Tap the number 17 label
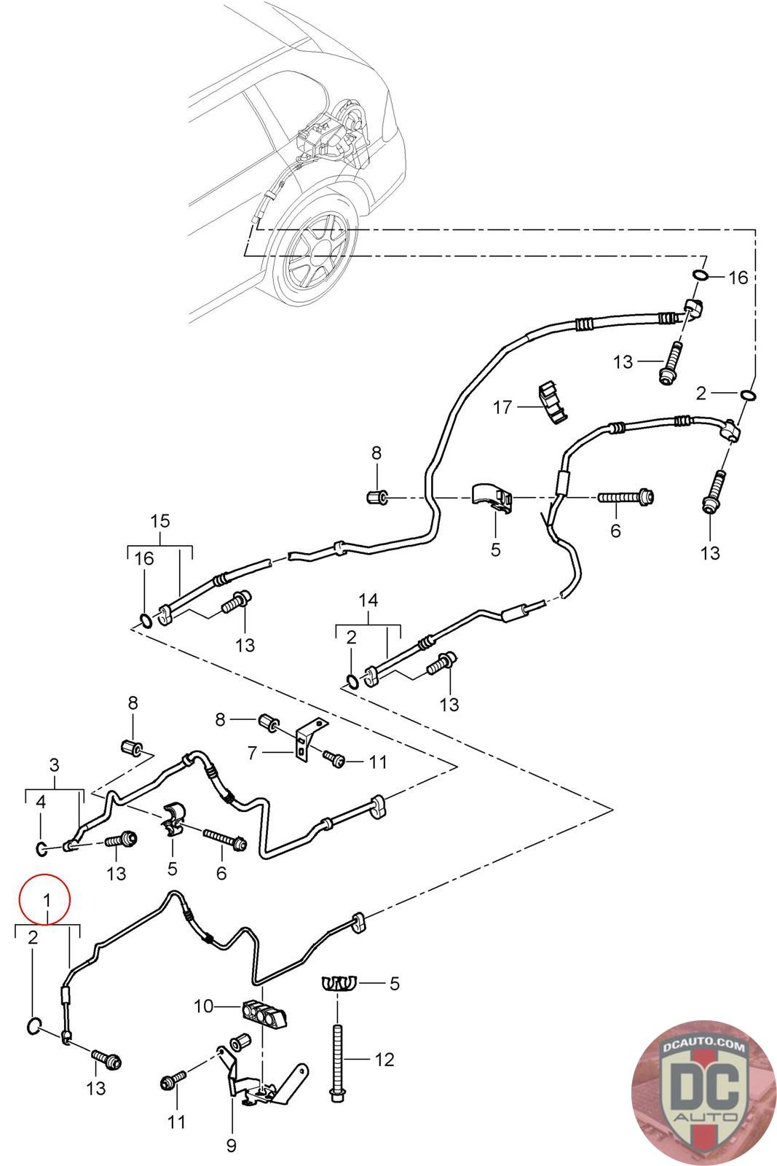coord(502,407)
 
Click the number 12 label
coord(384,1058)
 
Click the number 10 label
coord(203,1006)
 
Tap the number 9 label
coord(232,1146)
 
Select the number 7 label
coord(252,752)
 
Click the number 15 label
coord(160,520)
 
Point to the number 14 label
coord(368,600)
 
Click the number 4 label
coord(42,802)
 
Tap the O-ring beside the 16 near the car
coord(699,275)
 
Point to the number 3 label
coord(55,764)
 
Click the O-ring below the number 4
coord(42,847)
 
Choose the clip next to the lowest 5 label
coord(337,984)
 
